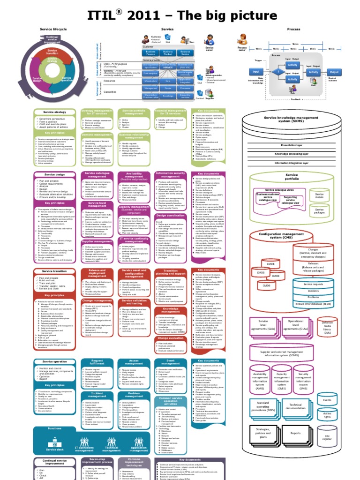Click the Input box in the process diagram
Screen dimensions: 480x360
[256, 72]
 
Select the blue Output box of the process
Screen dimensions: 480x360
[334, 72]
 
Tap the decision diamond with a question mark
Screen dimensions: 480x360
[278, 72]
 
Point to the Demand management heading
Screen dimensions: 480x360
[97, 134]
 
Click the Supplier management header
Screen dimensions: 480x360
[97, 241]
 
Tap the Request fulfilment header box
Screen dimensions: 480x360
[97, 362]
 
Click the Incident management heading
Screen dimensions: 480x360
[97, 395]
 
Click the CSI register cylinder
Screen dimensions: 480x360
[327, 436]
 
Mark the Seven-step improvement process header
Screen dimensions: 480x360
[97, 461]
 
